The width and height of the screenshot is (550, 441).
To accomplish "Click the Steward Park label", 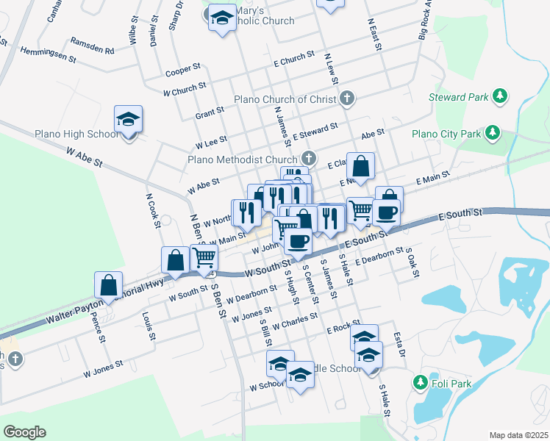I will [x=457, y=97].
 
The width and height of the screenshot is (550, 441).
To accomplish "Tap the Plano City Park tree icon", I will [x=492, y=134].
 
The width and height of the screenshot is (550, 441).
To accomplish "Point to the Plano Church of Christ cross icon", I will [x=347, y=98].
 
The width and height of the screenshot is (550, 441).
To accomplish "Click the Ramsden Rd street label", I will [x=93, y=46].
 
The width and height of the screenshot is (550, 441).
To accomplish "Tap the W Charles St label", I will [x=294, y=320].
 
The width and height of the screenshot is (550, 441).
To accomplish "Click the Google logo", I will [x=24, y=432].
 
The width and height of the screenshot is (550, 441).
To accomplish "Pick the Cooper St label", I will [x=183, y=70].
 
